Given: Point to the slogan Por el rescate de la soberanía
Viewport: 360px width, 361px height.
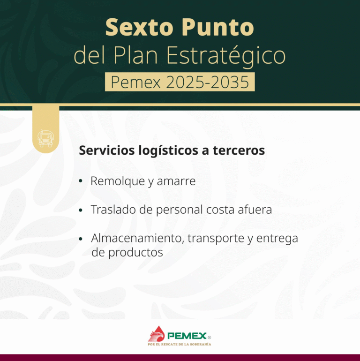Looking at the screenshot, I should (x=180, y=344).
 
